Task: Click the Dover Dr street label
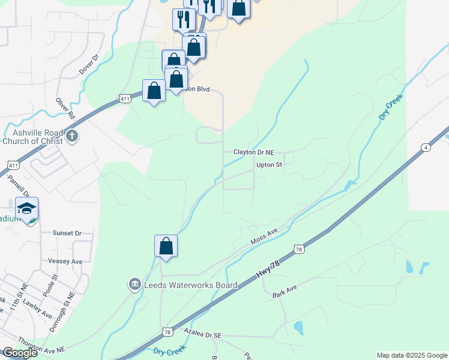click(88, 65)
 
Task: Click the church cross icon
click(73, 135)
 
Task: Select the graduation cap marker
click(27, 209)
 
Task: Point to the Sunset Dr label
click(67, 233)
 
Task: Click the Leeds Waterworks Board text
click(191, 285)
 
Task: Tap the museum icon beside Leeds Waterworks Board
click(135, 283)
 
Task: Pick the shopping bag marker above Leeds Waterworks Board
click(166, 247)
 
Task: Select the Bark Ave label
click(285, 292)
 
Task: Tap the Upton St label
click(269, 164)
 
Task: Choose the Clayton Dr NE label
click(253, 153)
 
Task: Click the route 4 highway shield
click(425, 147)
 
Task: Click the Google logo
click(20, 353)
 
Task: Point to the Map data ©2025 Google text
click(412, 355)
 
